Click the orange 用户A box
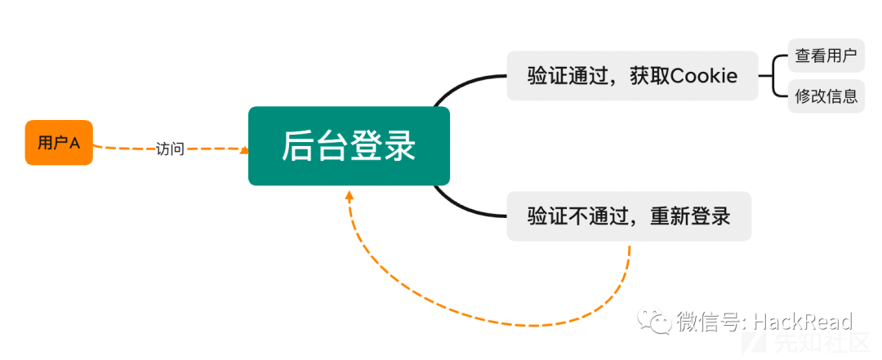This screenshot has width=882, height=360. (x=59, y=143)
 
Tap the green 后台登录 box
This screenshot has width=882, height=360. (x=349, y=145)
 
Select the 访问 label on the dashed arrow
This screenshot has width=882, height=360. (x=170, y=149)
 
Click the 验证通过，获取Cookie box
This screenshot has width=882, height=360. (x=632, y=76)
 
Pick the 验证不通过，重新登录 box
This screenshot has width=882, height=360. (x=629, y=216)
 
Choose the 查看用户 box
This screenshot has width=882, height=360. (x=826, y=56)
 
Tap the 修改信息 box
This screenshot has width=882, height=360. (x=826, y=96)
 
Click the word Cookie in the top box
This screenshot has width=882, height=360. (x=704, y=75)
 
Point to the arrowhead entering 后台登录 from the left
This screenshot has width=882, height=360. (x=245, y=150)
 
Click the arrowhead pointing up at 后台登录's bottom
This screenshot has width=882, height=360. (x=350, y=195)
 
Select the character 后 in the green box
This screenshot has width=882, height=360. (x=297, y=145)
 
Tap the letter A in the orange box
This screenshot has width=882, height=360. (x=74, y=144)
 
